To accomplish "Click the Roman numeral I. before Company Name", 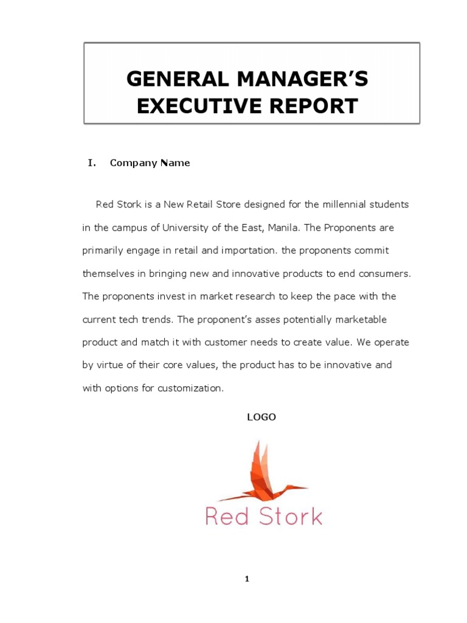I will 92,163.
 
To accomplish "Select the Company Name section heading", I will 150,163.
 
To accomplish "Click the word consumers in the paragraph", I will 387,274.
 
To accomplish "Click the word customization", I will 190,388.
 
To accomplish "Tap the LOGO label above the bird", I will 261,417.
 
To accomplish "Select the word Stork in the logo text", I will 291,517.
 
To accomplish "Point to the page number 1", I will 246,579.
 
